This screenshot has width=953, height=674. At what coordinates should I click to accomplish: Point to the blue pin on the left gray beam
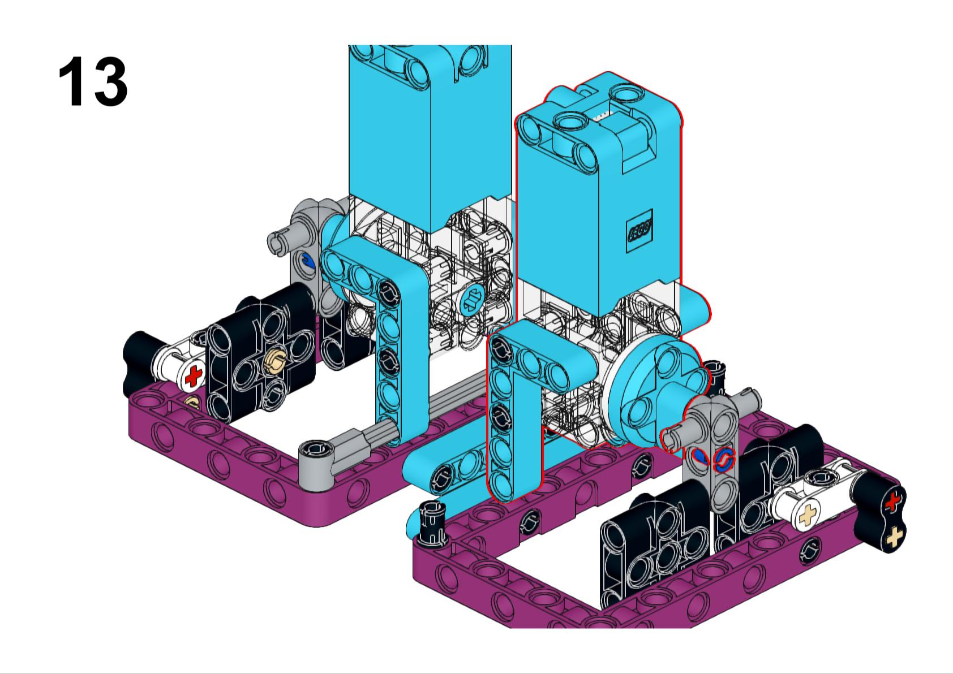click(307, 261)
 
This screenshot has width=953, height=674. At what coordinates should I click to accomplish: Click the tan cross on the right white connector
click(808, 516)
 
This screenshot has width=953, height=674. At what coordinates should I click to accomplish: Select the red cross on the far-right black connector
click(893, 502)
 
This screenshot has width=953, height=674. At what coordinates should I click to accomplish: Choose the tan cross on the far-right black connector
click(893, 537)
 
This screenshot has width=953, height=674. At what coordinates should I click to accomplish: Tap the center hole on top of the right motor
click(568, 120)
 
